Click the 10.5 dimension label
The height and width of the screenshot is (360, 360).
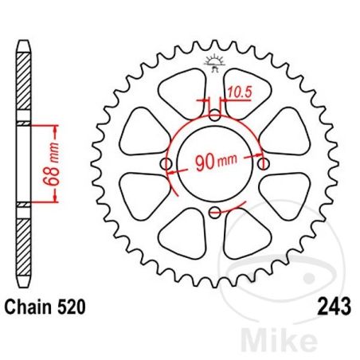click(240, 92)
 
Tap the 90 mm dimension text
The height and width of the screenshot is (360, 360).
click(216, 162)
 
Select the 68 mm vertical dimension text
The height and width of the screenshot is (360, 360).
click(51, 164)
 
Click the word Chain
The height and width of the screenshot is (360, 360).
click(28, 307)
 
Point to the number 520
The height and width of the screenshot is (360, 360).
click(72, 307)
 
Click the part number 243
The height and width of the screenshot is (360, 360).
click(335, 307)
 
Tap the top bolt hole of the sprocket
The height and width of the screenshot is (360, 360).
click(215, 115)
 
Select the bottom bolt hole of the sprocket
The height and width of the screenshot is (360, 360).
click(215, 212)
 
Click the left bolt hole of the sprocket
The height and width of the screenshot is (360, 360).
click(166, 164)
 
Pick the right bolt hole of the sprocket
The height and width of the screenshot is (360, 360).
click(263, 164)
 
